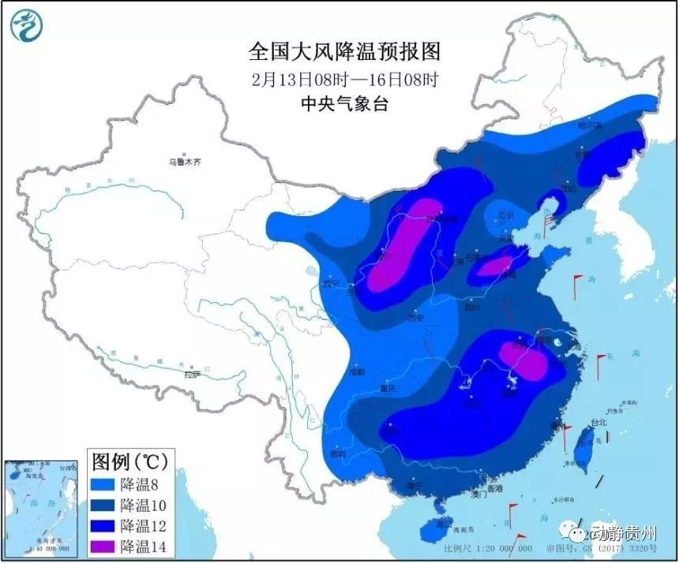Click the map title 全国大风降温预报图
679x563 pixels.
(343, 52)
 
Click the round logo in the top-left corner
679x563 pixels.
(25, 26)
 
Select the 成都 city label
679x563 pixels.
(357, 371)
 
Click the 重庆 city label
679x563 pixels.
(387, 389)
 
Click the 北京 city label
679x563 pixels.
(505, 214)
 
